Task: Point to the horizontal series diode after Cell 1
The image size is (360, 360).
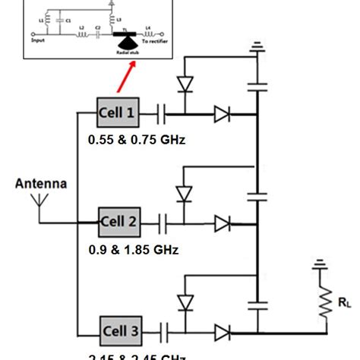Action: click(x=221, y=115)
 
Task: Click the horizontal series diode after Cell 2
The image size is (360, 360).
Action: click(x=221, y=223)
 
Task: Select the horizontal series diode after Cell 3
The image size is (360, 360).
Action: click(x=221, y=332)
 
